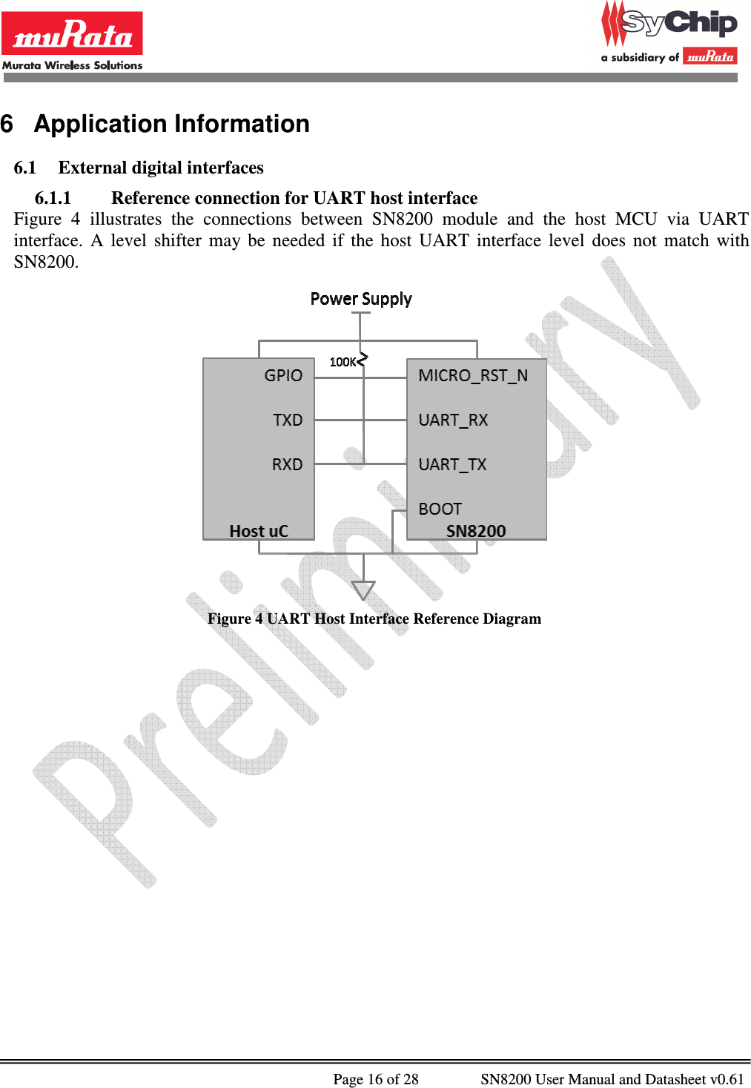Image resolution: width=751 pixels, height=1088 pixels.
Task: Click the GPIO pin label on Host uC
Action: [x=283, y=375]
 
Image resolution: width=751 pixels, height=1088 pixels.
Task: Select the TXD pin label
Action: [x=288, y=420]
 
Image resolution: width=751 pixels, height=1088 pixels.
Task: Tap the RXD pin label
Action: [x=287, y=464]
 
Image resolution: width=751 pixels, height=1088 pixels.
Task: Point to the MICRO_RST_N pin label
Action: [x=473, y=375]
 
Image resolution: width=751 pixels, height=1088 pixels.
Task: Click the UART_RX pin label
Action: [x=453, y=420]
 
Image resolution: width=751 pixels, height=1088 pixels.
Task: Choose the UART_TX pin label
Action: [x=452, y=464]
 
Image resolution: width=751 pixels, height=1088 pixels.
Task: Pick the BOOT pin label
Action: [x=440, y=509]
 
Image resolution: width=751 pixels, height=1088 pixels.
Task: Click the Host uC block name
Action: [x=259, y=531]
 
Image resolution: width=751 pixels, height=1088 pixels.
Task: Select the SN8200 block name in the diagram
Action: [x=476, y=531]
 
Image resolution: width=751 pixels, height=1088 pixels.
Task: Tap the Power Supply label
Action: [x=361, y=299]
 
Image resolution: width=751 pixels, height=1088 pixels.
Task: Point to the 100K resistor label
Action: [x=343, y=362]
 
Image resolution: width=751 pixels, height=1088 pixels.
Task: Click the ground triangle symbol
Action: [x=363, y=590]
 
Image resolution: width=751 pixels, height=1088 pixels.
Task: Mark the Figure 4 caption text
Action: [x=374, y=619]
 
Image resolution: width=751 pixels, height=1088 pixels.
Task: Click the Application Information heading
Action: [x=171, y=124]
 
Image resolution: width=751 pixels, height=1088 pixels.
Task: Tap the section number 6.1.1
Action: [x=53, y=198]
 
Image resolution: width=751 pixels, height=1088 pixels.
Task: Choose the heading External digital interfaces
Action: [x=161, y=168]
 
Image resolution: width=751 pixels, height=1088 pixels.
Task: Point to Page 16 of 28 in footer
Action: [x=375, y=1078]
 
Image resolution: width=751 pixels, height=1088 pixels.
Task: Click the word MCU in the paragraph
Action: [x=635, y=219]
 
